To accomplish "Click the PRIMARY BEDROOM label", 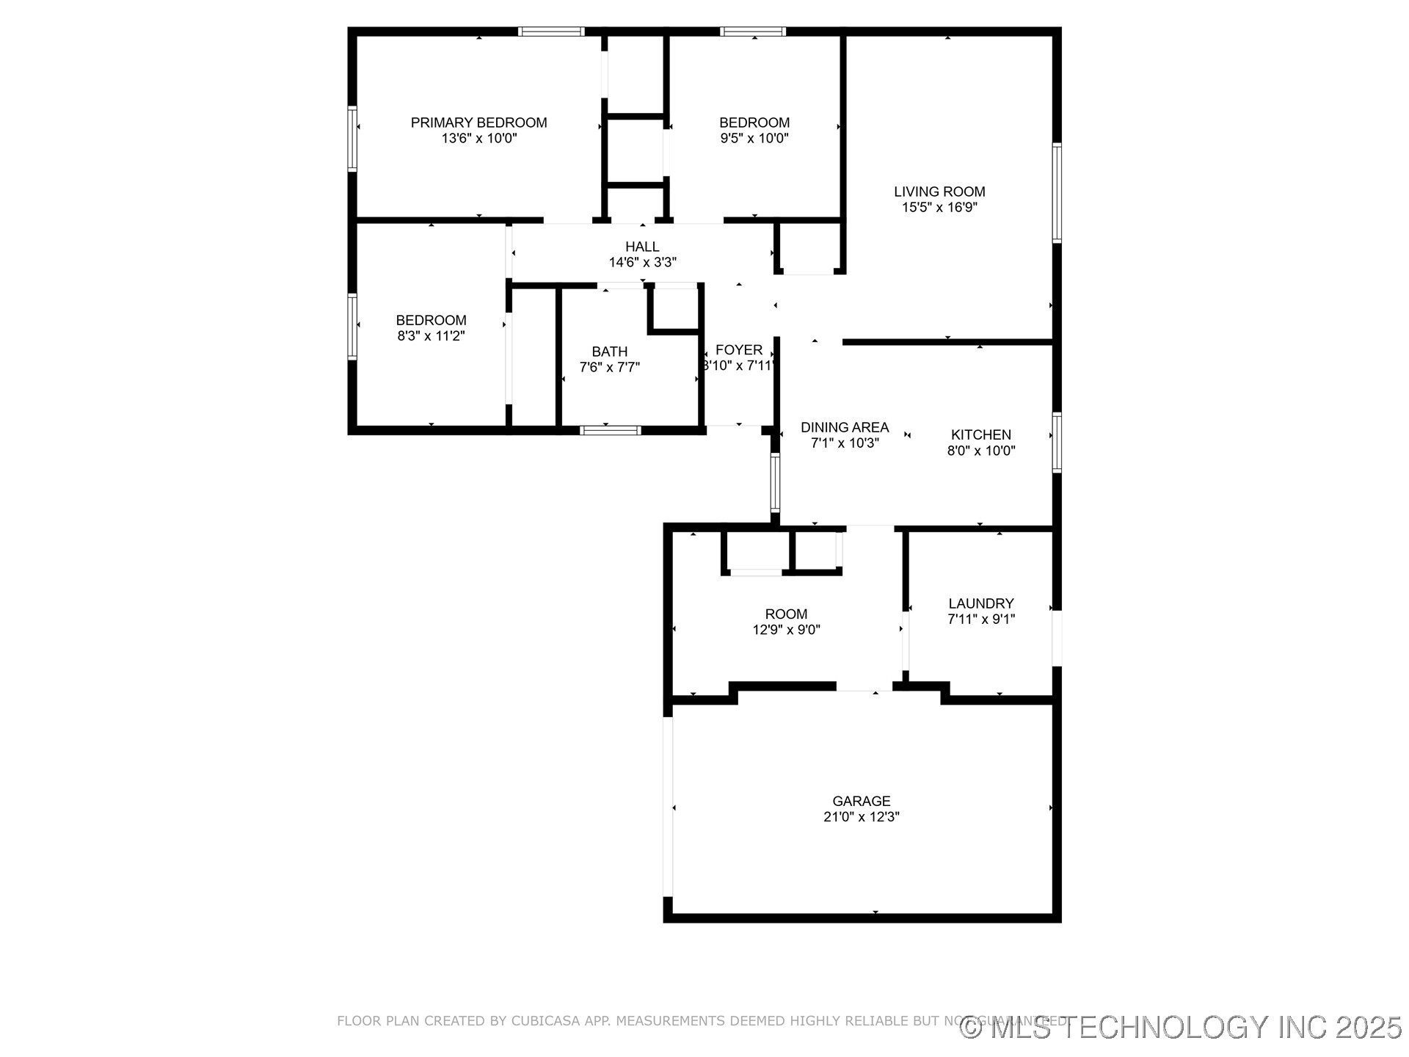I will [478, 123].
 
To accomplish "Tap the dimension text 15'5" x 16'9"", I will [939, 208].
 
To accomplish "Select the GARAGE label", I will [861, 801].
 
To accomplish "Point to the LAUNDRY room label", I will [980, 603].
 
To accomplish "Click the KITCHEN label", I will [980, 435].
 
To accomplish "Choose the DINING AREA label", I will [844, 427].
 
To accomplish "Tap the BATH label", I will [609, 352].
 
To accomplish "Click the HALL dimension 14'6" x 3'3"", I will [642, 262].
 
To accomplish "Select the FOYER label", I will [739, 350].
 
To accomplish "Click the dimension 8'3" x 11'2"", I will [431, 336].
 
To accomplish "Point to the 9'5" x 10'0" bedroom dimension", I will [754, 138].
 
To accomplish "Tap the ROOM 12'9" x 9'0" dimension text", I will [786, 630].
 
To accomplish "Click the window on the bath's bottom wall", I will [610, 430].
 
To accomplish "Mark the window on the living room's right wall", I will [1057, 192].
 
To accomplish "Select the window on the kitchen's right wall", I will [1057, 442].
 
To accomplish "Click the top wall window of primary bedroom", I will [551, 32].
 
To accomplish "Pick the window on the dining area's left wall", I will [775, 482].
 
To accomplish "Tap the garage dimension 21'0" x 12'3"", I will [861, 817].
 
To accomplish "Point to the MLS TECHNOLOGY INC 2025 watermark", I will [1182, 1027].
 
